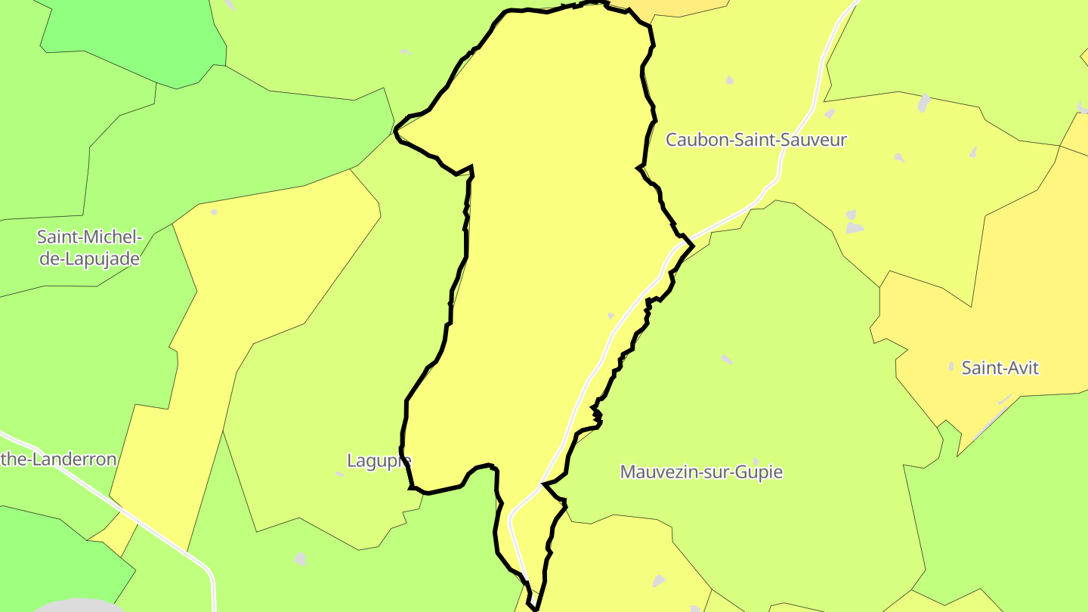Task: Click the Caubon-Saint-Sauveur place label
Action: (x=756, y=140)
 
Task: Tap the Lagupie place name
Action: (x=378, y=459)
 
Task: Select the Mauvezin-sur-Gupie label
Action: (x=701, y=472)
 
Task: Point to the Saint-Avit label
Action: (x=1000, y=368)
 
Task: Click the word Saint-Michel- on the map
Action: (x=88, y=237)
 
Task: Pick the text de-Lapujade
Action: (x=90, y=259)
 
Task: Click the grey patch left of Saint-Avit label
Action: (x=951, y=366)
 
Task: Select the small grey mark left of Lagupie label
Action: (x=339, y=474)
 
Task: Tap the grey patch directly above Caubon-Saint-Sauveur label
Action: (x=730, y=79)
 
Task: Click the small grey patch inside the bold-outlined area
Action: (x=610, y=316)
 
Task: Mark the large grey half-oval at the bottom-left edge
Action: (x=79, y=605)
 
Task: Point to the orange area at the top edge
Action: (x=680, y=6)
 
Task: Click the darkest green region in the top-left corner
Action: (x=151, y=38)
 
